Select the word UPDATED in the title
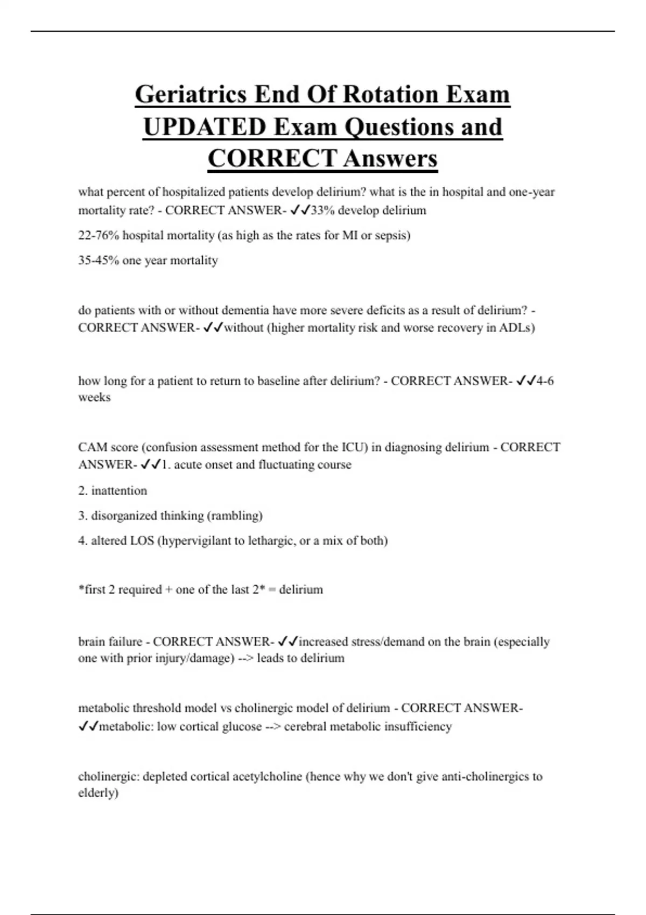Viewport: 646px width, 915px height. click(204, 127)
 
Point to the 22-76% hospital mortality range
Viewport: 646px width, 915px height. click(99, 236)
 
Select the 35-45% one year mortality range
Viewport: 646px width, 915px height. click(99, 261)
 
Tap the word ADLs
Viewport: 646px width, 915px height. click(516, 328)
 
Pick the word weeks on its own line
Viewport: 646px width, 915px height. click(94, 398)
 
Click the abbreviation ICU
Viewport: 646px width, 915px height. click(355, 447)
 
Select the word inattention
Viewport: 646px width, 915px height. click(119, 491)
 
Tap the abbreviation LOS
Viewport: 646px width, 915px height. click(142, 540)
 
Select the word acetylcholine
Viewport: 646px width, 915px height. click(267, 777)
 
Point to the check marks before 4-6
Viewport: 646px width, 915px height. click(526, 381)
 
